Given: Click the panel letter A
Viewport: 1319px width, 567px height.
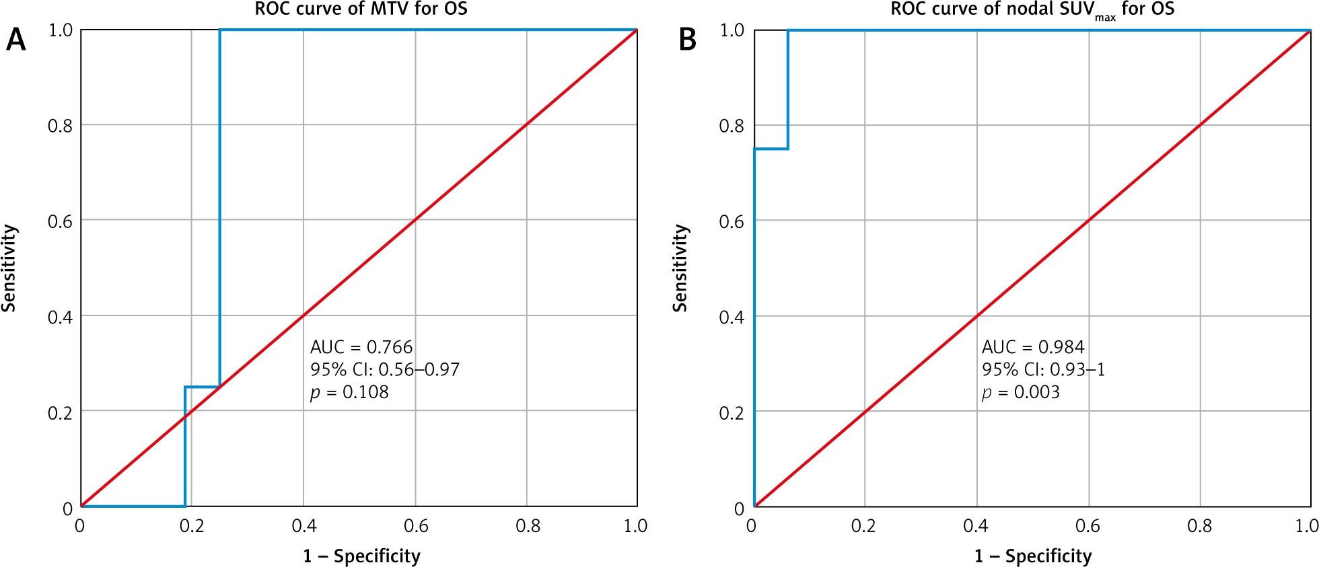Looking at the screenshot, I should (16, 40).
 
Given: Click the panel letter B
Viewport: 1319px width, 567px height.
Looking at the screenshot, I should (687, 40).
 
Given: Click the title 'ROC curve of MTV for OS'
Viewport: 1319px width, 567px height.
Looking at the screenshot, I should (361, 9).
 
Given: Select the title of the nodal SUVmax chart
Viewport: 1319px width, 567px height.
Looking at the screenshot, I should (1032, 9).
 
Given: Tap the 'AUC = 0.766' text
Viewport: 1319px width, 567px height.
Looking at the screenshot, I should (361, 347).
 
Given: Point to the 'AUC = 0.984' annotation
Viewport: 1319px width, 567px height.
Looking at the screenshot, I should (1033, 347).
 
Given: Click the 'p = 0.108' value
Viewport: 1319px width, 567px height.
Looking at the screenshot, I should (349, 392).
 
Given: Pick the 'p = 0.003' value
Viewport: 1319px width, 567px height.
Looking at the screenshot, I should (1021, 392).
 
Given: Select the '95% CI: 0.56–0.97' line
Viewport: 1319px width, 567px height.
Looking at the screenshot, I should (385, 369).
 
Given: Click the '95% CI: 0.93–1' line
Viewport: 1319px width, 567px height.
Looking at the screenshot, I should (1043, 369).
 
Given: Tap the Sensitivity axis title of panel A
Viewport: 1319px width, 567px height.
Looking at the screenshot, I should (9, 268).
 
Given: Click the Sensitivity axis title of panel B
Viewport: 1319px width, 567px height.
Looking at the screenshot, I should (680, 268).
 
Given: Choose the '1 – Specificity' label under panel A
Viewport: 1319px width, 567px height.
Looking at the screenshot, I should (361, 556).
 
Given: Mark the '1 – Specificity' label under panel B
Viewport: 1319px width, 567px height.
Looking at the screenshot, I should (1033, 556).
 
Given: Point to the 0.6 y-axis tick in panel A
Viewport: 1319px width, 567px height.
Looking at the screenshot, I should (60, 221).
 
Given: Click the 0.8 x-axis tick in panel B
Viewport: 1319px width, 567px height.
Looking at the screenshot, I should (1200, 526).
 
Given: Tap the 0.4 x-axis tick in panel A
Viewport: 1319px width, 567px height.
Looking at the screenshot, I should (304, 526).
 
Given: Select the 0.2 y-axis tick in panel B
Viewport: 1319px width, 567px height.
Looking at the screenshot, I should (732, 412).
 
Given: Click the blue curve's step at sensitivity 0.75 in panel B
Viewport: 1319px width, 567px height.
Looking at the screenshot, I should (771, 149).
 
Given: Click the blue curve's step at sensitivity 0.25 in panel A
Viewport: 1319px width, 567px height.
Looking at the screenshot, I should (202, 387).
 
